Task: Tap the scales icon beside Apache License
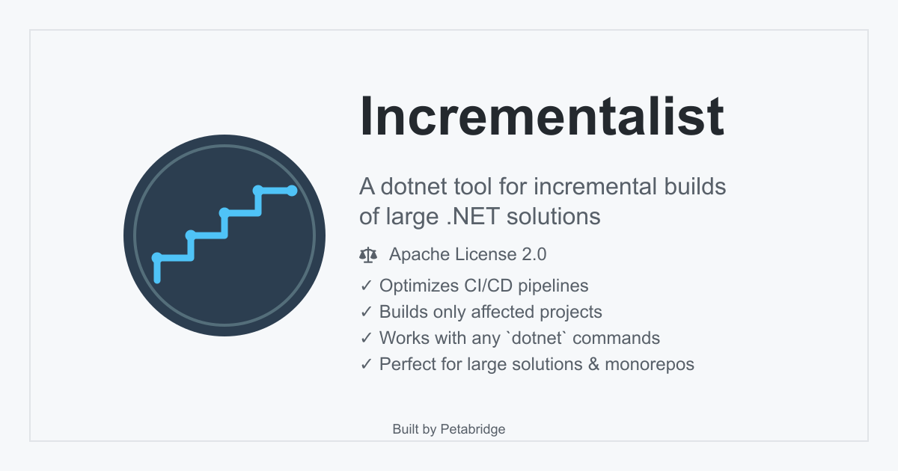[x=368, y=255]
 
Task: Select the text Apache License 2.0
[x=468, y=254]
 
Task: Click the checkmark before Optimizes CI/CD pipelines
[x=367, y=286]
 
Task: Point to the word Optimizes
[x=414, y=286]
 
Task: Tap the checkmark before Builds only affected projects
[x=367, y=312]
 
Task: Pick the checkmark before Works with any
[x=367, y=338]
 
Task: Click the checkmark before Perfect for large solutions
[x=367, y=364]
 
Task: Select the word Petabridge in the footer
[x=473, y=429]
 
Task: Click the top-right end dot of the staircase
[x=293, y=191]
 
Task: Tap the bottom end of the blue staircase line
[x=157, y=280]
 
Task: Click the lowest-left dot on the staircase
[x=157, y=258]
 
